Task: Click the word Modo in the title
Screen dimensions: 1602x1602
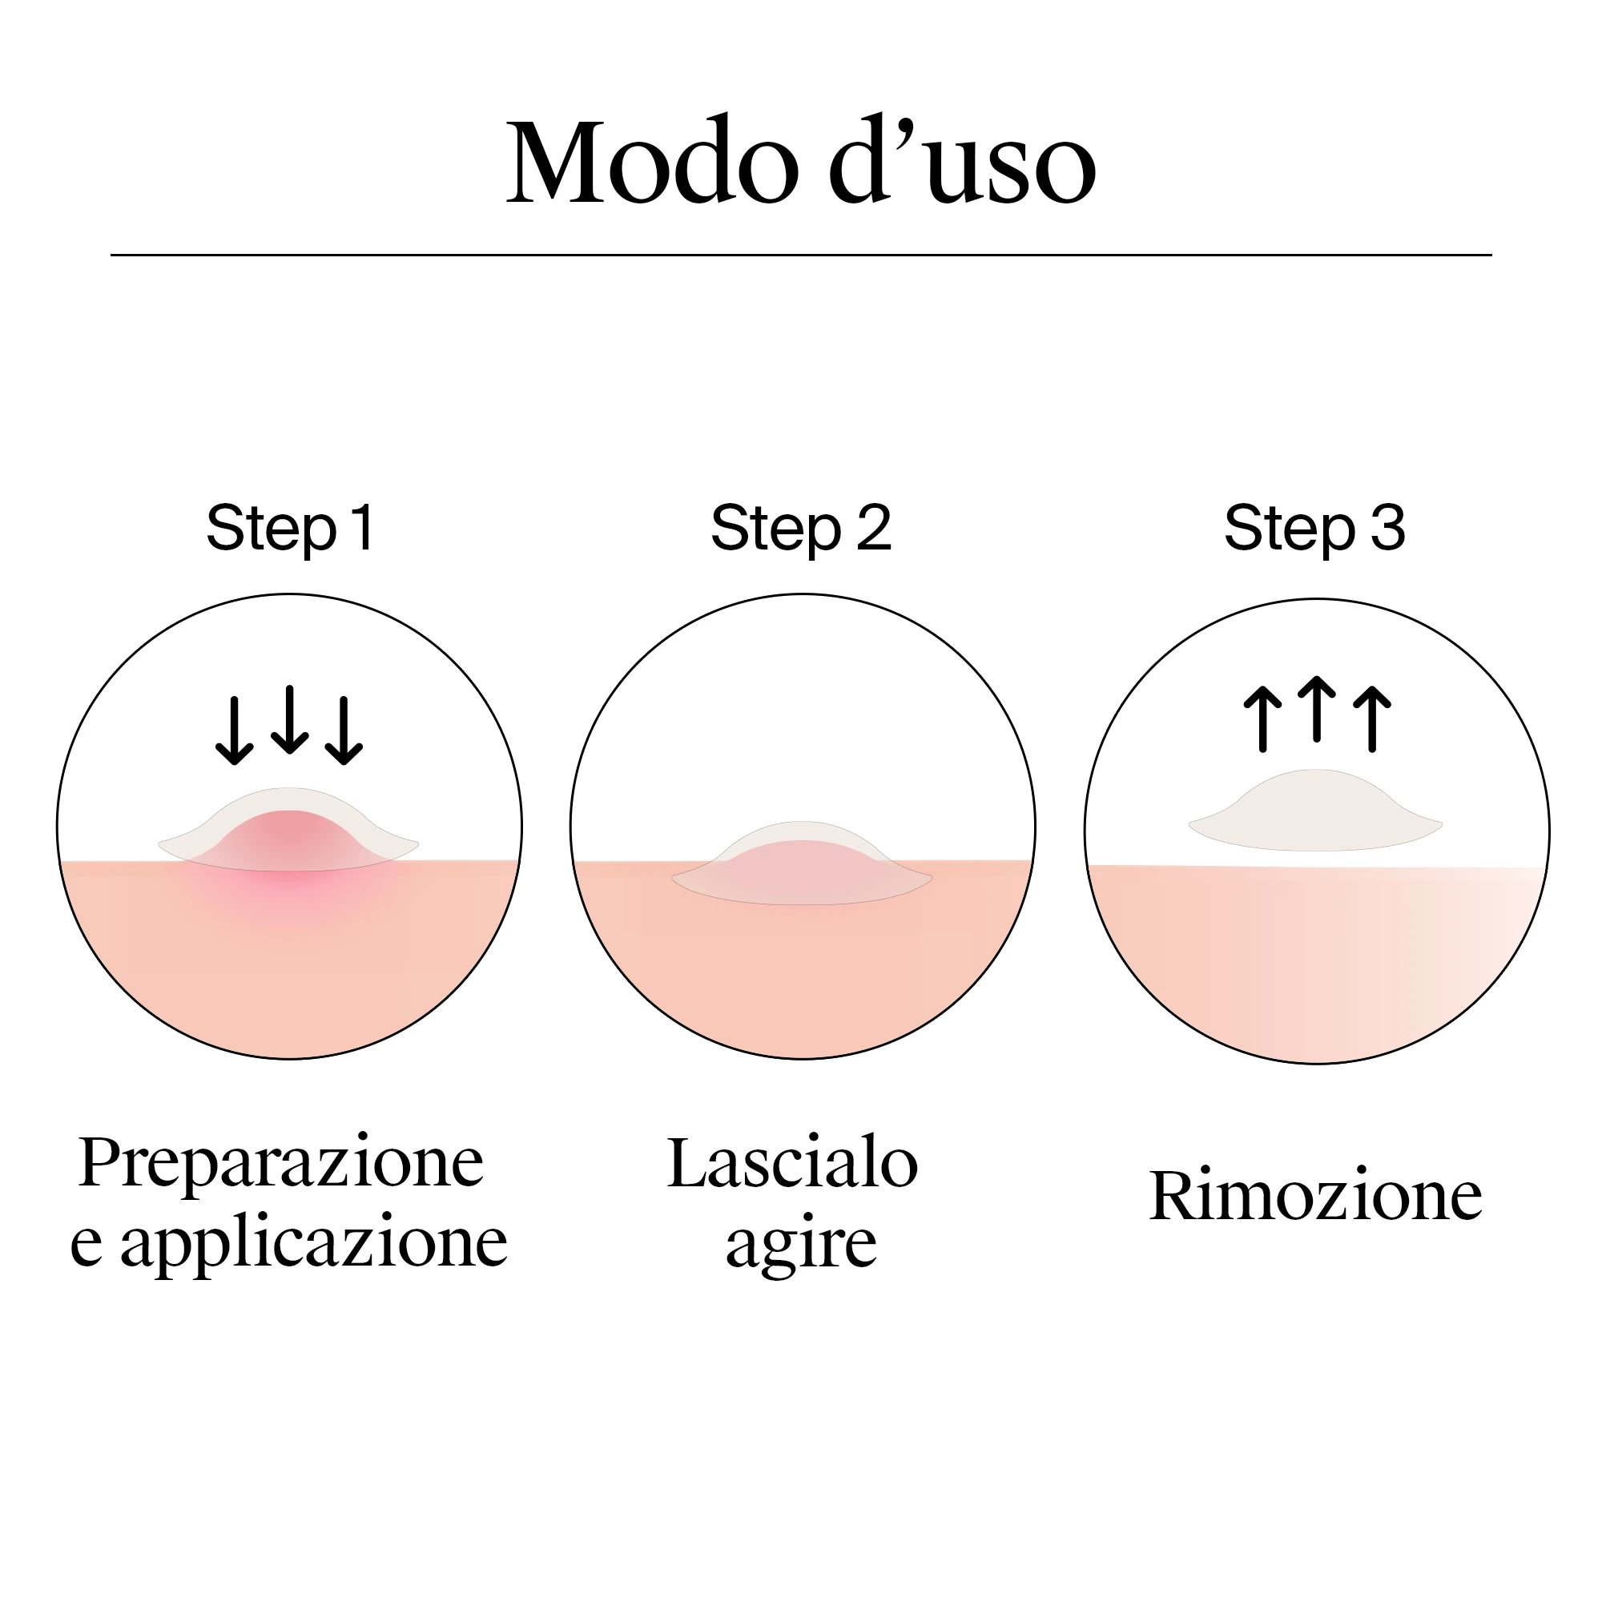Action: [653, 161]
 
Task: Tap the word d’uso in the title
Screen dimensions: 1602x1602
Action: [962, 159]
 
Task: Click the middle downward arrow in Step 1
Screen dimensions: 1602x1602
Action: [289, 719]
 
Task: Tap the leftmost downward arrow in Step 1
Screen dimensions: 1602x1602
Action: [235, 730]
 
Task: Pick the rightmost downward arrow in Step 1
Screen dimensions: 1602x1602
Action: [344, 730]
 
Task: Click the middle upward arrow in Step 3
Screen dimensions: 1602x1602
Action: [1317, 709]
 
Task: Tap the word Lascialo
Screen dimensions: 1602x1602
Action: [793, 1162]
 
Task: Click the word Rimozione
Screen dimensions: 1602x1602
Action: [1316, 1197]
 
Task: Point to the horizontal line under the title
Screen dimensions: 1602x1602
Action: [801, 255]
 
